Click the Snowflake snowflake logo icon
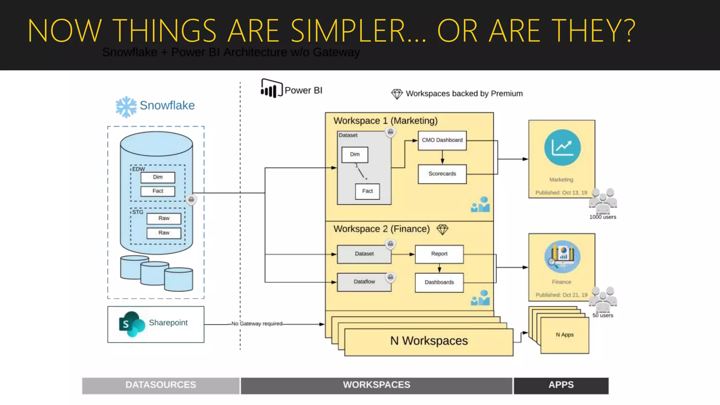(x=126, y=107)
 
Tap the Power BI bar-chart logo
(x=271, y=89)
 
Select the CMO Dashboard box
(x=442, y=140)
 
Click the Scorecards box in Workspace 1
(x=442, y=174)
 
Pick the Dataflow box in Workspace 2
(x=364, y=282)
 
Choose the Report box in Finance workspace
(x=439, y=254)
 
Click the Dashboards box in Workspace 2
(x=439, y=282)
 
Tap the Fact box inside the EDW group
(x=157, y=191)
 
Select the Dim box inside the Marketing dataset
(x=354, y=154)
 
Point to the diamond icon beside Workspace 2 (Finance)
(x=442, y=230)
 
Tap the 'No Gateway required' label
(x=257, y=323)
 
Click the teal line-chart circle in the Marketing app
(x=562, y=148)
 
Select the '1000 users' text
(x=603, y=217)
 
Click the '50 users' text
(x=603, y=315)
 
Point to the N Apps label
(x=564, y=335)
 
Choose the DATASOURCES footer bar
(x=161, y=385)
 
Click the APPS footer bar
(x=561, y=385)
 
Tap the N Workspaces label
(x=429, y=341)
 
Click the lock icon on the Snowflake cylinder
(x=191, y=200)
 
